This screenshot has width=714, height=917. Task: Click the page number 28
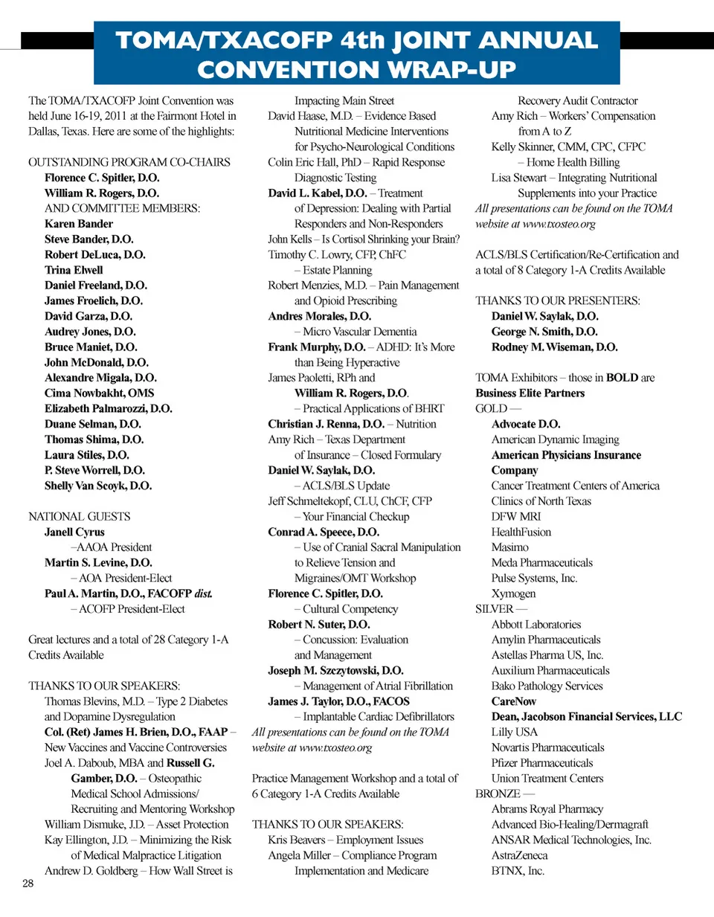tap(28, 883)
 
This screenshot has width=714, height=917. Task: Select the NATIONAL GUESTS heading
tap(80, 516)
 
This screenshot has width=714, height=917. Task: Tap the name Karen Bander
tap(79, 224)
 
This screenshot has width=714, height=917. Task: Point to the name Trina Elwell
tap(74, 270)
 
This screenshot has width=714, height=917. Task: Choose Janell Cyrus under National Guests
tap(74, 532)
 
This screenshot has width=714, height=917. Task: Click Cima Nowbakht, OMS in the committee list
tap(100, 393)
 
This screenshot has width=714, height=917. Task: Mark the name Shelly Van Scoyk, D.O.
tap(98, 486)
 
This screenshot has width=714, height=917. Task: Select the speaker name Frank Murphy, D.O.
tap(316, 347)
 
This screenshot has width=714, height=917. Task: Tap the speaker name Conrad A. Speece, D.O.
tap(324, 532)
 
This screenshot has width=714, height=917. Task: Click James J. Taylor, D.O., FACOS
tap(338, 701)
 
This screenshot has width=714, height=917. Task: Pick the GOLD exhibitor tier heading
tap(491, 408)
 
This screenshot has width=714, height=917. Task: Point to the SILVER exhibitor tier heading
tap(495, 609)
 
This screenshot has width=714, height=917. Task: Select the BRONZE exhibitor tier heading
tap(498, 794)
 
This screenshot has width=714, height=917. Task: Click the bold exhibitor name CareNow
tap(514, 701)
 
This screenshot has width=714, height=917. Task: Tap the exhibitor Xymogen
tap(513, 593)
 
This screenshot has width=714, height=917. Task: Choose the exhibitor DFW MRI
tap(516, 516)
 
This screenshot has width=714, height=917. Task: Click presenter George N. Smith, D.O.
tap(544, 332)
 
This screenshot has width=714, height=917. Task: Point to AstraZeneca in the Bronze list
tap(520, 855)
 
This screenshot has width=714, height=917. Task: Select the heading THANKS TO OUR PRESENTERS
tap(558, 300)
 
